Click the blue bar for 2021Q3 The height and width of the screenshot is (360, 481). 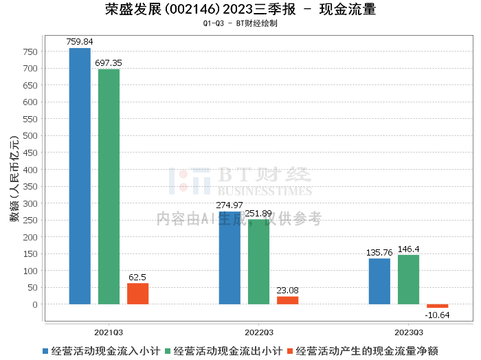point(80,176)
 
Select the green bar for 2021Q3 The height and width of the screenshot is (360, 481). point(109,186)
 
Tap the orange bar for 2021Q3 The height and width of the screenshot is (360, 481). point(137,293)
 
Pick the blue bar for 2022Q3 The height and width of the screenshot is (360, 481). point(230,258)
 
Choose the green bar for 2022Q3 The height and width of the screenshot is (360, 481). point(258,262)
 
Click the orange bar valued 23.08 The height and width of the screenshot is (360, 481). point(287,300)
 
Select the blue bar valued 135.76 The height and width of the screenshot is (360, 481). point(379,281)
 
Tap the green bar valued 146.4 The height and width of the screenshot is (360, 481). point(408,280)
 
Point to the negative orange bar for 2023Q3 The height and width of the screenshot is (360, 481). point(437,306)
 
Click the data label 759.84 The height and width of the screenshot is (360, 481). point(80,42)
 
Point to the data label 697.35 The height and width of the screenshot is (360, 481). point(109,63)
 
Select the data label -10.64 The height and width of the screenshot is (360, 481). point(437,315)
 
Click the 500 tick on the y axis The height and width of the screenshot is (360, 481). point(32,136)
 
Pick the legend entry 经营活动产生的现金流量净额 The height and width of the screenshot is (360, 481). point(364,350)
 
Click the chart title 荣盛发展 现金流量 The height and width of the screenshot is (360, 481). point(240,10)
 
